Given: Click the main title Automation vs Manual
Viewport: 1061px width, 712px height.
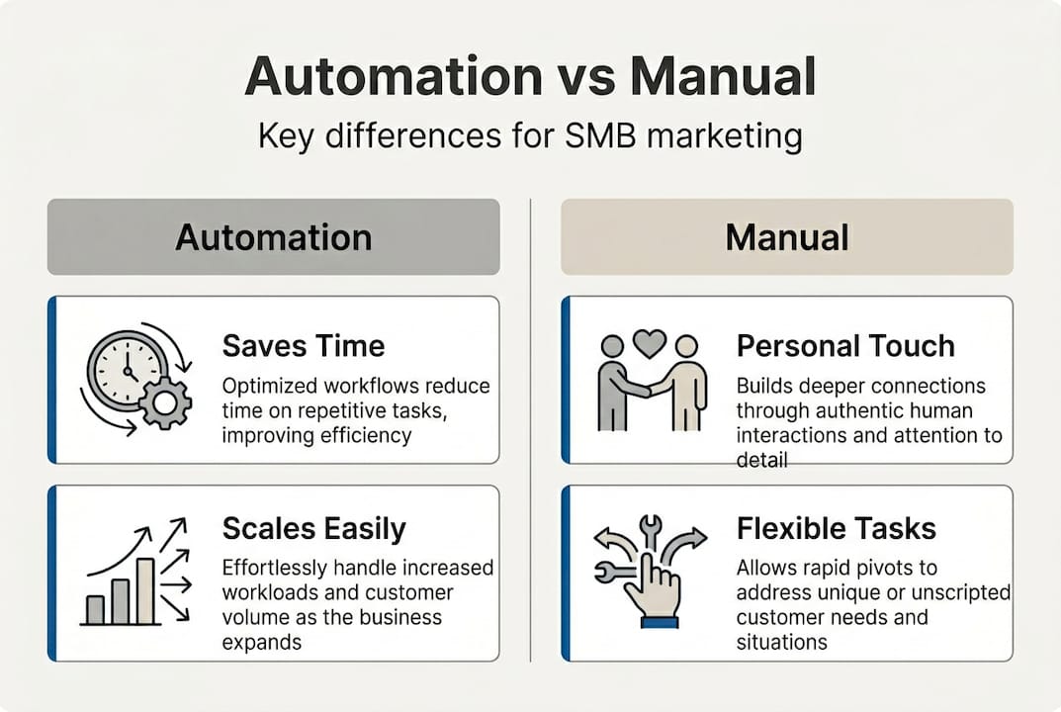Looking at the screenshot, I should click(x=530, y=76).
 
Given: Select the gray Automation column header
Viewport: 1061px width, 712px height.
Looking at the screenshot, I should click(x=273, y=237).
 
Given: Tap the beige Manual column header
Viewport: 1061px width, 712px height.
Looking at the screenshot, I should click(x=786, y=237).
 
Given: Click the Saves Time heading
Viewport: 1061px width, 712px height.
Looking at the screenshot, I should click(x=304, y=345).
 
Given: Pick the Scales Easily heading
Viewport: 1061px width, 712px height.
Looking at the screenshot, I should click(x=313, y=529).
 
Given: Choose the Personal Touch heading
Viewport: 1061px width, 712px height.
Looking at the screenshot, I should click(x=845, y=345).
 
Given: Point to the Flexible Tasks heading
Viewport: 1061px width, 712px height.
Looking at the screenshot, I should click(x=836, y=528).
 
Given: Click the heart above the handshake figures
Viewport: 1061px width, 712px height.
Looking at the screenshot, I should click(x=649, y=343).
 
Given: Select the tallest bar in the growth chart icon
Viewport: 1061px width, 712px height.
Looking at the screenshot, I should click(x=144, y=590).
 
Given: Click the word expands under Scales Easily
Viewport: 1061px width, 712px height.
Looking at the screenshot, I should click(x=262, y=642).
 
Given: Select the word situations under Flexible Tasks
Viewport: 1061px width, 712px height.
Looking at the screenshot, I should click(x=781, y=642).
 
